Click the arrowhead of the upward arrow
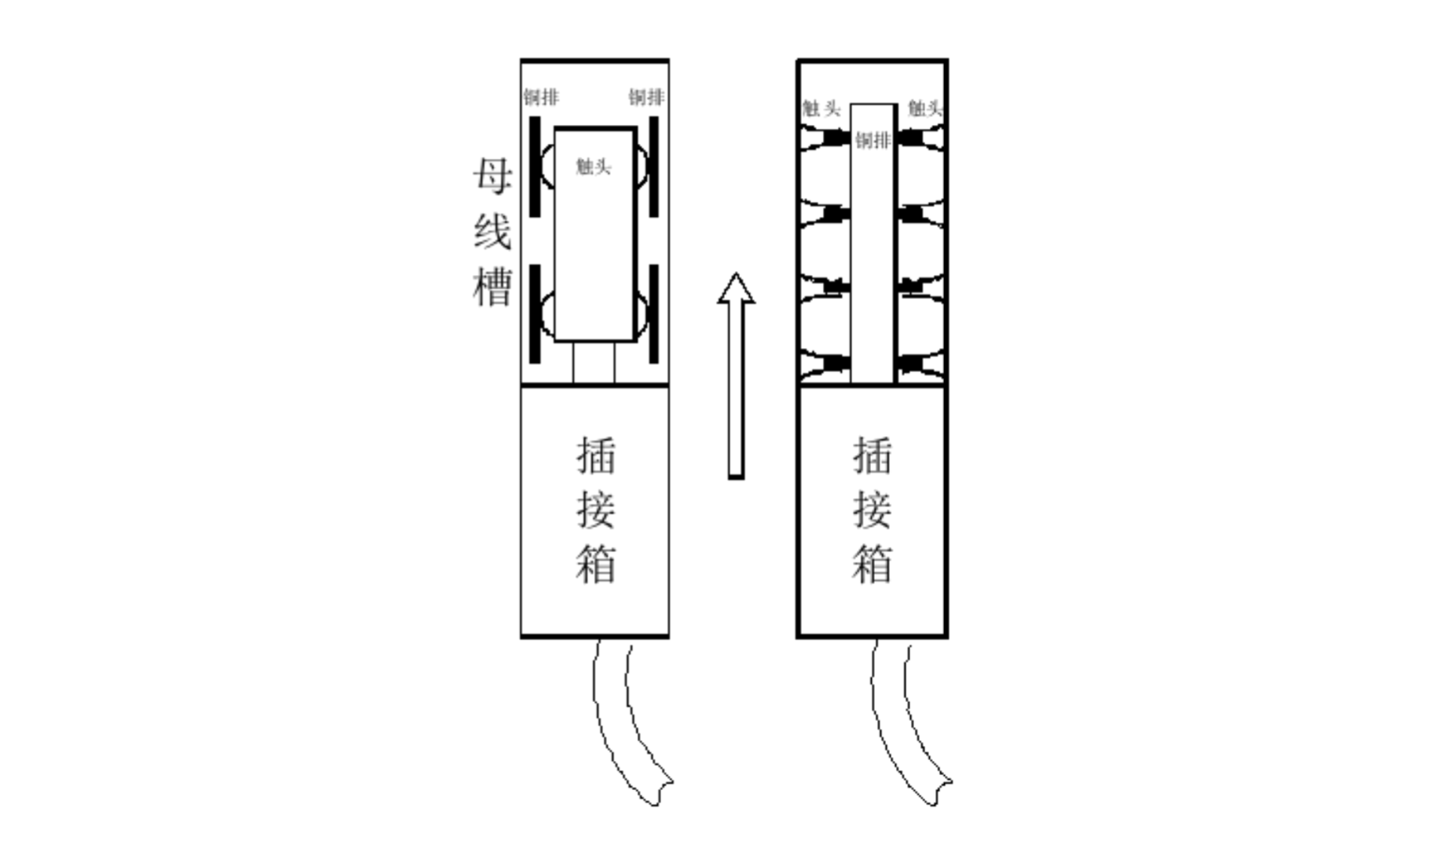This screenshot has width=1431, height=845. [736, 289]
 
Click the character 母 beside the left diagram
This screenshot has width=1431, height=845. [492, 176]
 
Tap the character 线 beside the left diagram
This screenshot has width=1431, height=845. [492, 231]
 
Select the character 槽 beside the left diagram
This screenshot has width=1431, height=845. [492, 286]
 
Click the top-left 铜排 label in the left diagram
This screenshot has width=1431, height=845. [541, 97]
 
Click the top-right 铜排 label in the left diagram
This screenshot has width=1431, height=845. [646, 97]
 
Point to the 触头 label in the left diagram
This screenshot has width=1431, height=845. [593, 166]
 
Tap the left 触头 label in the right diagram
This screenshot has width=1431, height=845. [821, 108]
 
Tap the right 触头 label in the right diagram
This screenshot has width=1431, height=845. [924, 108]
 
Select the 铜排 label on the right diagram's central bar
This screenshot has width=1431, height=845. [873, 141]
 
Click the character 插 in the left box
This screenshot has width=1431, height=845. [595, 456]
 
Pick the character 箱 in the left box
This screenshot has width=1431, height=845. [595, 564]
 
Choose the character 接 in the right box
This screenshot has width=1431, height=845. [872, 510]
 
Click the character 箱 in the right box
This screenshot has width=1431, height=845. [872, 564]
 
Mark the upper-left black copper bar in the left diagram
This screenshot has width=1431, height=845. [535, 166]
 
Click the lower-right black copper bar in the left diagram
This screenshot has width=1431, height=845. [653, 314]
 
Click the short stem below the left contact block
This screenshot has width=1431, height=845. [594, 363]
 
